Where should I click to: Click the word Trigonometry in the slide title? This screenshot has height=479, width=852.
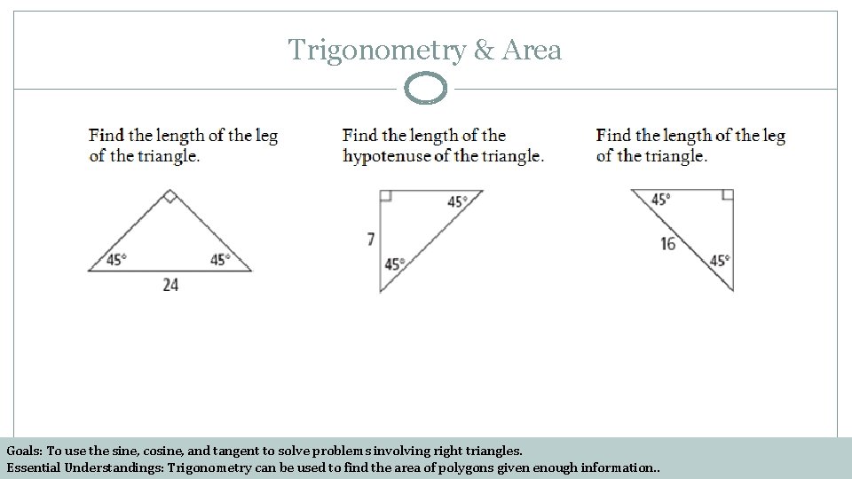point(376,51)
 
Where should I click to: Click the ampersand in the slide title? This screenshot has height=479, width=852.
point(484,51)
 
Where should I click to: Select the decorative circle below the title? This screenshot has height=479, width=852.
point(426,89)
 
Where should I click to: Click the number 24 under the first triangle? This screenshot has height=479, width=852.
point(170,285)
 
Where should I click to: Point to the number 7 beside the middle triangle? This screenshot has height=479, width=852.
point(371,239)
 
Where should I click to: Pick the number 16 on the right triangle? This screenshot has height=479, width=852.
point(668,243)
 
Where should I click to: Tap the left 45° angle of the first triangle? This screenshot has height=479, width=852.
point(116,260)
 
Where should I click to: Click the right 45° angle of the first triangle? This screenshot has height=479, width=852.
point(219,260)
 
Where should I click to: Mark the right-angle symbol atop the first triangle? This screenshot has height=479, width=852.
point(170,196)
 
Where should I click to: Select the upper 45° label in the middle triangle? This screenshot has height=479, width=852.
point(457,201)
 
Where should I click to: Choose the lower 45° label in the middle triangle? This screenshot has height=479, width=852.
point(394,263)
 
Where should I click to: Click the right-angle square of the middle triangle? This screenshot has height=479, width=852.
point(385,195)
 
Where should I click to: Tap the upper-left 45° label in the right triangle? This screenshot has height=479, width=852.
point(660,200)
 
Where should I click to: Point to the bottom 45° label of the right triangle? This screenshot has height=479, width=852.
point(719,261)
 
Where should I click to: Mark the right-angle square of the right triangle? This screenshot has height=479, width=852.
point(728,195)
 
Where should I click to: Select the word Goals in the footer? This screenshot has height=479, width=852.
point(24,451)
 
